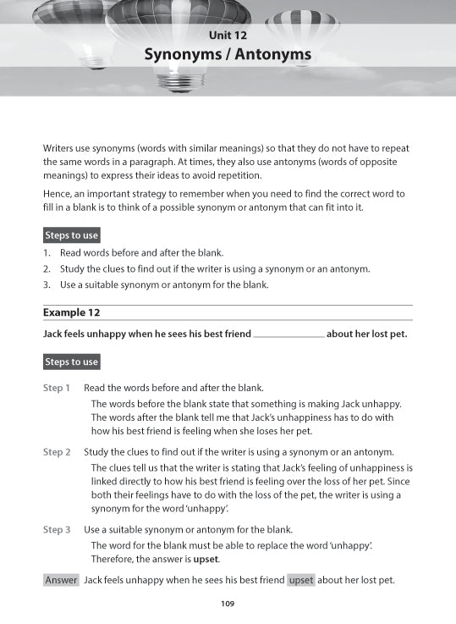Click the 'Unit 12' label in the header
(x=227, y=34)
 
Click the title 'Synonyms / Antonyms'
(x=228, y=55)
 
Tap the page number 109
(x=227, y=604)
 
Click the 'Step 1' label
(x=57, y=388)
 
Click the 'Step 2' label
(x=57, y=452)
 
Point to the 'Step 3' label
(x=57, y=529)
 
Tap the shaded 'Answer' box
(x=61, y=580)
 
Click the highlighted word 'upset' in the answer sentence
(x=300, y=580)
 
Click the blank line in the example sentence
(x=288, y=334)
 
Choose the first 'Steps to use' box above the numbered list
(x=71, y=235)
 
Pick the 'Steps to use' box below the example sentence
(x=71, y=362)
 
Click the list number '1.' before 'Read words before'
(x=47, y=253)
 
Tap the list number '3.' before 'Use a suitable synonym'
(x=47, y=284)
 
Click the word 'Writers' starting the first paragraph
(x=60, y=147)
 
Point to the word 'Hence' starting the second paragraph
(x=58, y=194)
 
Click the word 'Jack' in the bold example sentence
(x=55, y=334)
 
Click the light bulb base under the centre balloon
(x=181, y=80)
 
